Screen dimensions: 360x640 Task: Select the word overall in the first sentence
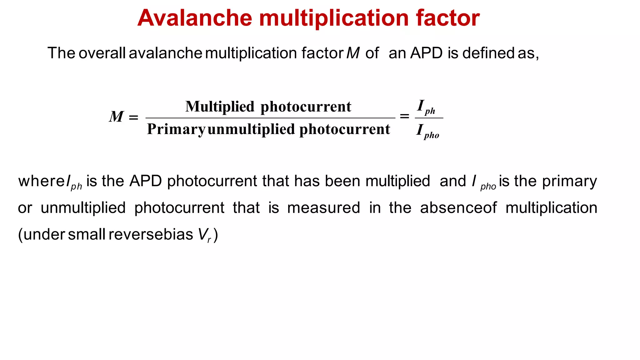click(102, 53)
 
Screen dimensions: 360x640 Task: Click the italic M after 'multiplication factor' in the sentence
click(353, 53)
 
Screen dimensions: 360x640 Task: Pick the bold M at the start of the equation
click(117, 117)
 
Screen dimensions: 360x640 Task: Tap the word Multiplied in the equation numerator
click(220, 107)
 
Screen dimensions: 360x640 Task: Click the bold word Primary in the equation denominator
click(176, 129)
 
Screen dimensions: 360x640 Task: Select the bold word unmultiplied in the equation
click(251, 129)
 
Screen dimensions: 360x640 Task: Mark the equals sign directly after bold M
click(133, 117)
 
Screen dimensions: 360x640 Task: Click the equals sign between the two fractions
click(404, 116)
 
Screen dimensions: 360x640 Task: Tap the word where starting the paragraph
click(41, 181)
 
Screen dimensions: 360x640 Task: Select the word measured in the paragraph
click(323, 208)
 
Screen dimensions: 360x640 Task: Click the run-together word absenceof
click(458, 208)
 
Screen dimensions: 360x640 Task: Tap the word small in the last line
click(87, 234)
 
